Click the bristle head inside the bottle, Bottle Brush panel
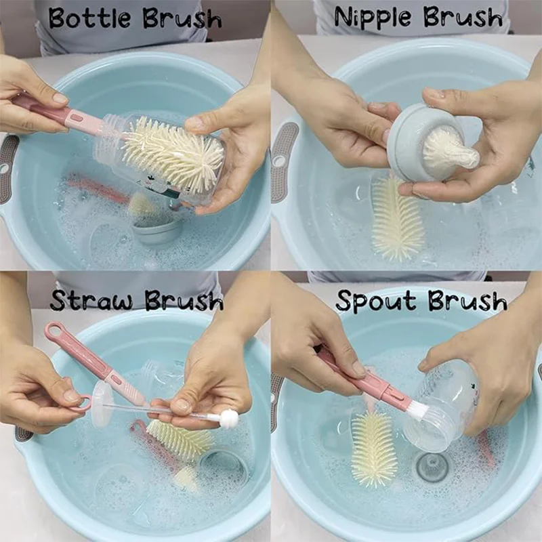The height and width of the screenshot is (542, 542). (x=173, y=152)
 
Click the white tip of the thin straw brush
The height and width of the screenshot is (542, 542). (x=229, y=419)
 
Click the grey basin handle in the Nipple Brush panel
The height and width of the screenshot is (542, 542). (x=283, y=163)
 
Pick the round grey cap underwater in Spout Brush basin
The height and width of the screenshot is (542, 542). (x=432, y=467)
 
